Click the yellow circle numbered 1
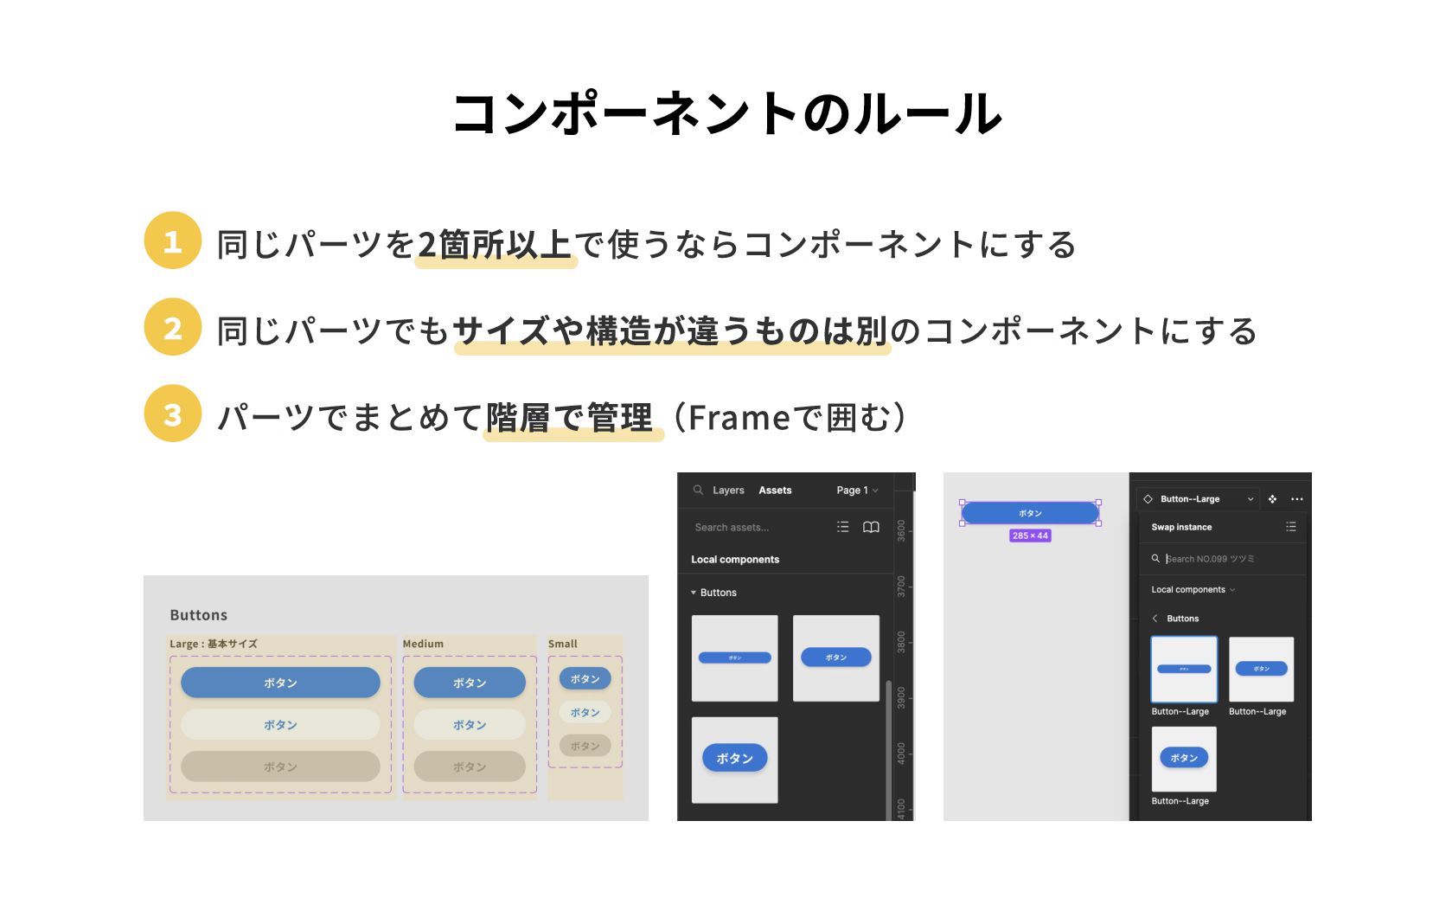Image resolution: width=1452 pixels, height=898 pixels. [173, 241]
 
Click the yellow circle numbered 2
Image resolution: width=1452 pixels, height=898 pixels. [173, 327]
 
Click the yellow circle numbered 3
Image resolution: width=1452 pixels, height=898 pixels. [173, 414]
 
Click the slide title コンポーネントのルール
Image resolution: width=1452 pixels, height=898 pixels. [726, 113]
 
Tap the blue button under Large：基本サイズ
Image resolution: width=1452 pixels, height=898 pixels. [280, 683]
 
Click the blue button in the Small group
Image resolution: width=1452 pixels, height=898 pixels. [585, 679]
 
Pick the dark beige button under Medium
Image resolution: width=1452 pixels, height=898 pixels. [470, 767]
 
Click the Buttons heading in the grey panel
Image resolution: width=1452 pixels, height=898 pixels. [199, 615]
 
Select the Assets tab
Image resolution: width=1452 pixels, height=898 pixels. [775, 491]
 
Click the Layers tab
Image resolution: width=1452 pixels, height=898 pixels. [728, 491]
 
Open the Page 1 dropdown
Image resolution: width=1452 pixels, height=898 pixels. [856, 491]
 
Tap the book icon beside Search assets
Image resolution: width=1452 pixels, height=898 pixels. [871, 527]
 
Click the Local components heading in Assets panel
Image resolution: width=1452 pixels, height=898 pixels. [735, 560]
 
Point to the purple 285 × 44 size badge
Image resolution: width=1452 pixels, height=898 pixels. [1030, 536]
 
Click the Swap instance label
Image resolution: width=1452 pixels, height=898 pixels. [1181, 527]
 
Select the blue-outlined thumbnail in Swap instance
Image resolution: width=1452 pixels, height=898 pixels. [1184, 670]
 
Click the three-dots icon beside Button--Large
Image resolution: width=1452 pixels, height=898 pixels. [1296, 499]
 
